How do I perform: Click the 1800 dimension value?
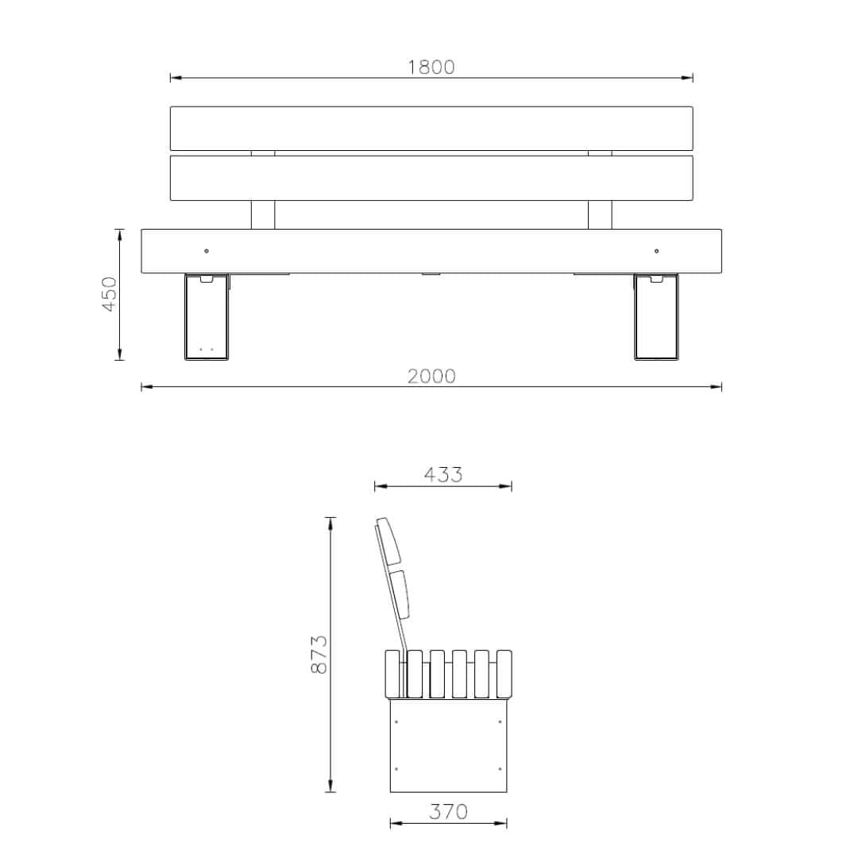pyautogui.click(x=431, y=68)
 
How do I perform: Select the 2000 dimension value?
pyautogui.click(x=431, y=377)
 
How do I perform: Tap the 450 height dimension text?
pyautogui.click(x=110, y=294)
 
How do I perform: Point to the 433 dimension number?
pyautogui.click(x=443, y=474)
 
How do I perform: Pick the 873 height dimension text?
pyautogui.click(x=319, y=654)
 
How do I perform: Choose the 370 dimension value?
pyautogui.click(x=448, y=811)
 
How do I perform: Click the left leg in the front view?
pyautogui.click(x=207, y=317)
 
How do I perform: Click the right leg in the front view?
pyautogui.click(x=656, y=317)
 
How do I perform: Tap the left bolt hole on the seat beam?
pyautogui.click(x=207, y=251)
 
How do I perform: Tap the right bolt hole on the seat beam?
pyautogui.click(x=657, y=251)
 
